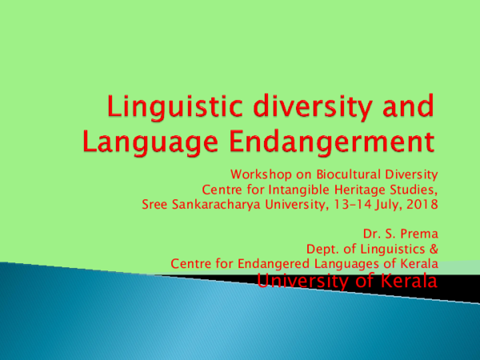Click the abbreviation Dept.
click(310, 250)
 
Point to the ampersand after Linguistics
click(433, 250)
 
